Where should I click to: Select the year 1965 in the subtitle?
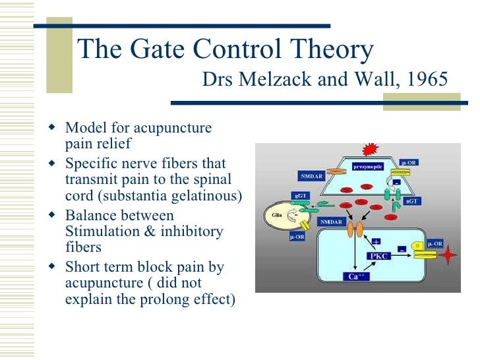pos(427,80)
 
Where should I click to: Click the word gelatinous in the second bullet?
pos(211,196)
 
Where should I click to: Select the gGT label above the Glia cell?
pos(298,195)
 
